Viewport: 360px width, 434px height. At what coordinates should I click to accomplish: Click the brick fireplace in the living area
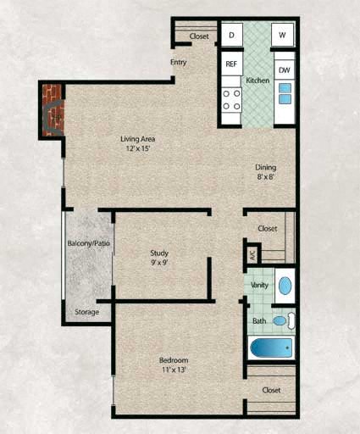coord(53,109)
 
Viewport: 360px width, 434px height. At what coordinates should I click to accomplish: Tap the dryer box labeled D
coord(230,35)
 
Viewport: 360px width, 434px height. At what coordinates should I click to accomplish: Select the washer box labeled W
coord(282,35)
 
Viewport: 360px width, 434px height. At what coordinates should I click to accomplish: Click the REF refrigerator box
coord(230,64)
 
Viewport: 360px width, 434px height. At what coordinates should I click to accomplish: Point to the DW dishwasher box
coord(284,70)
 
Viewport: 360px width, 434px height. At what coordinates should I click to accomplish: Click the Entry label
coord(178,63)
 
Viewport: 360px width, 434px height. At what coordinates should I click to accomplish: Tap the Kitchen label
coord(258,81)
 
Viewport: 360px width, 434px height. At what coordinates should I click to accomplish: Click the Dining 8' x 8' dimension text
coord(266,173)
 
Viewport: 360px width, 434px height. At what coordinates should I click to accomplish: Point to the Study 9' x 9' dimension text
coord(159,259)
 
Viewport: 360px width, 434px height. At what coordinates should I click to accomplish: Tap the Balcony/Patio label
coord(89,244)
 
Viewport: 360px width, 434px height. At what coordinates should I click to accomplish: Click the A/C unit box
coord(252,253)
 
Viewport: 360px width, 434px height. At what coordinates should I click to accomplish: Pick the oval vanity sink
coord(285,285)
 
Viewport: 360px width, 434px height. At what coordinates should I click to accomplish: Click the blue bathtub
coord(271,348)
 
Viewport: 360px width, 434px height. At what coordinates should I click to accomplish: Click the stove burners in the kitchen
coord(231,100)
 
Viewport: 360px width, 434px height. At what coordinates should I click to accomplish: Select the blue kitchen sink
coord(285,93)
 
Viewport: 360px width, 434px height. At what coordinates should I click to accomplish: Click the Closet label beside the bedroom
coord(271,390)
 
